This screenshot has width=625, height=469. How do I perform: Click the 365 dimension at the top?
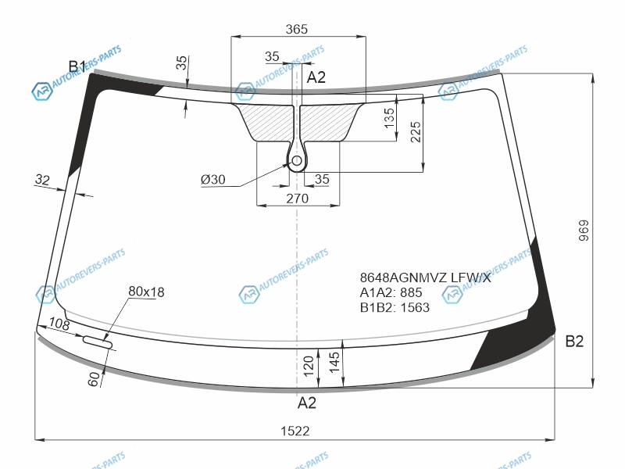point(297,29)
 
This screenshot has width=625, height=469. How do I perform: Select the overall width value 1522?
point(295,431)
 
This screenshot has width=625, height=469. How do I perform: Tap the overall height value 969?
point(583,231)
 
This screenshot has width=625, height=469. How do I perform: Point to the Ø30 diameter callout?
point(212,180)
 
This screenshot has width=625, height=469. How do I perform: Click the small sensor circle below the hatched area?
point(297,161)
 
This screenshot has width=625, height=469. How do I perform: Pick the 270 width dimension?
point(298,199)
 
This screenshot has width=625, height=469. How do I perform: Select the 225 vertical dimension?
point(416,132)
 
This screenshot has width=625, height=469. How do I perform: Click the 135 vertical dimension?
point(389,118)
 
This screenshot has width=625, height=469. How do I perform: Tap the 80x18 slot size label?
point(146,292)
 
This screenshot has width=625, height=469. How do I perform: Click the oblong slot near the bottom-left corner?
point(98,342)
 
